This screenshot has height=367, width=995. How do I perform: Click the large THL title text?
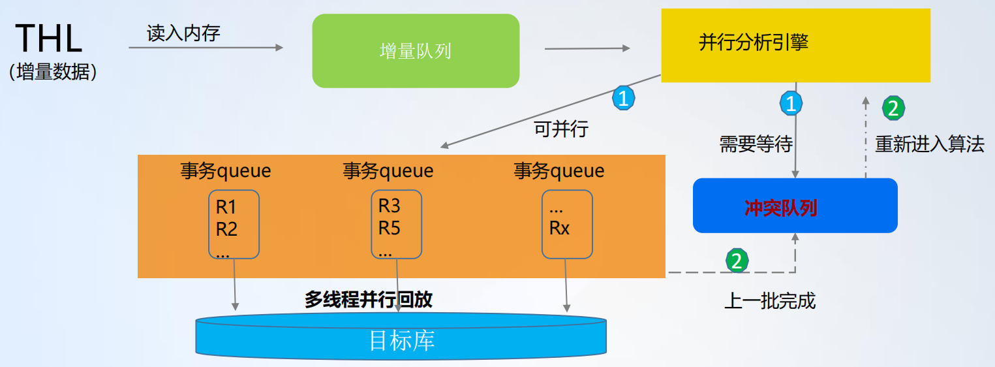click(49, 39)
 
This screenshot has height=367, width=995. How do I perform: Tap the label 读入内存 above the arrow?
click(183, 33)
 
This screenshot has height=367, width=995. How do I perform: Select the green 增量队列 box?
click(416, 51)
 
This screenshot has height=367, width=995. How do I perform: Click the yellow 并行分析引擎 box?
click(795, 45)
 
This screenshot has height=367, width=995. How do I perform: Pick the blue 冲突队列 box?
click(795, 206)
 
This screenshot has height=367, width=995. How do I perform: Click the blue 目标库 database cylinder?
click(401, 336)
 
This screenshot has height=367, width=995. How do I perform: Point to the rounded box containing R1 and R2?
click(234, 224)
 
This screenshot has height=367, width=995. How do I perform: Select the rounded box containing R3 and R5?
click(397, 224)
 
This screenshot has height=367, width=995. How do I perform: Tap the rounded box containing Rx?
click(567, 224)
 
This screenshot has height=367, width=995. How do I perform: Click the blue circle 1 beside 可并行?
click(623, 98)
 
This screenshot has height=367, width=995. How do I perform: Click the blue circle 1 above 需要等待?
click(791, 103)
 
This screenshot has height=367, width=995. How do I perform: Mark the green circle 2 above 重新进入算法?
click(893, 108)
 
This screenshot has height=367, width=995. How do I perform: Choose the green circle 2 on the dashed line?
click(737, 261)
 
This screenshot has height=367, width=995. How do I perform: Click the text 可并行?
click(561, 129)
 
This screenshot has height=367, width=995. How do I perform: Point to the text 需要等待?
click(756, 144)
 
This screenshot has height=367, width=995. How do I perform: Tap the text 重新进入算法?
click(930, 144)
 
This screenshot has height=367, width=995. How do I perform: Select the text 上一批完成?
click(770, 300)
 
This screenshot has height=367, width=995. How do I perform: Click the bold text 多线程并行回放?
click(368, 299)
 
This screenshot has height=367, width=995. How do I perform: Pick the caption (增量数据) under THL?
click(53, 72)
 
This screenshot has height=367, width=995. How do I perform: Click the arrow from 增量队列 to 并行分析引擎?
click(587, 48)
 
